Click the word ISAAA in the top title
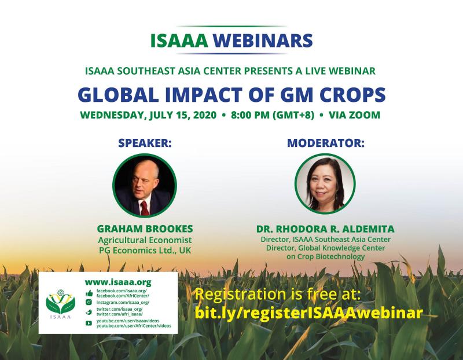[x=179, y=41]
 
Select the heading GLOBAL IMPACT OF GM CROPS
[x=231, y=95]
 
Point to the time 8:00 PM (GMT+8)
[x=273, y=115]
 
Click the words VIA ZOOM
[x=354, y=115]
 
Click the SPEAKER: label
[x=145, y=143]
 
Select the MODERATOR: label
[x=326, y=143]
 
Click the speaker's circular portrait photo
[x=145, y=186]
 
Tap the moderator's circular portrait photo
[x=325, y=183]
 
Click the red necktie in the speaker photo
[x=145, y=208]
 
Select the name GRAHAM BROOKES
[x=145, y=229]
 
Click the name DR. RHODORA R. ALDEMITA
[x=325, y=229]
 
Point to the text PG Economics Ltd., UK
[x=145, y=251]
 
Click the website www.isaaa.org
[x=118, y=282]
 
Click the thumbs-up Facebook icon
[x=89, y=293]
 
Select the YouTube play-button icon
[x=89, y=323]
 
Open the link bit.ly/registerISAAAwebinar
[x=309, y=313]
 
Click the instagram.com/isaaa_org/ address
[x=123, y=303]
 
